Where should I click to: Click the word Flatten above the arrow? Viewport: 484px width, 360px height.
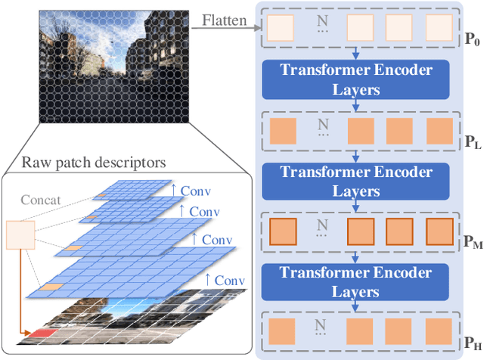(224, 20)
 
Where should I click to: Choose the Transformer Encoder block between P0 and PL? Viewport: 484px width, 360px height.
(357, 79)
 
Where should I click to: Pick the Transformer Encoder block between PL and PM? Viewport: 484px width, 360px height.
(357, 179)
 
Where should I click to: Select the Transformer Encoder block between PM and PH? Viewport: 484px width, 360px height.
(357, 280)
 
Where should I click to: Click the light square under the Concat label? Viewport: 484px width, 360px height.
(20, 236)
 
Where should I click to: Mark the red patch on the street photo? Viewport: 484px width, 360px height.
(44, 333)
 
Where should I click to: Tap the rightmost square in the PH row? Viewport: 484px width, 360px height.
(438, 331)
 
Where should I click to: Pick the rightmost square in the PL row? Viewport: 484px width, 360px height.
(438, 129)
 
